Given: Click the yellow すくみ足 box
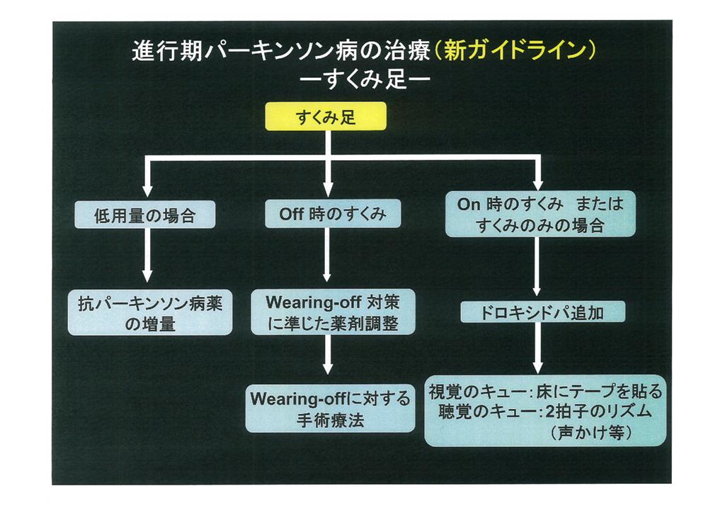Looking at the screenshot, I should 326,117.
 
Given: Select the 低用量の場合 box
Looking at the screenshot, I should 145,215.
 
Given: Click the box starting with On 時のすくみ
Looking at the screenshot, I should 540,215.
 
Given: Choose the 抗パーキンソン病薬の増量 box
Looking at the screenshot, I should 149,312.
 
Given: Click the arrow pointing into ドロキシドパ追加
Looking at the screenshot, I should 537,268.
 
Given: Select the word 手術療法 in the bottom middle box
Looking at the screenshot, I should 330,419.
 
